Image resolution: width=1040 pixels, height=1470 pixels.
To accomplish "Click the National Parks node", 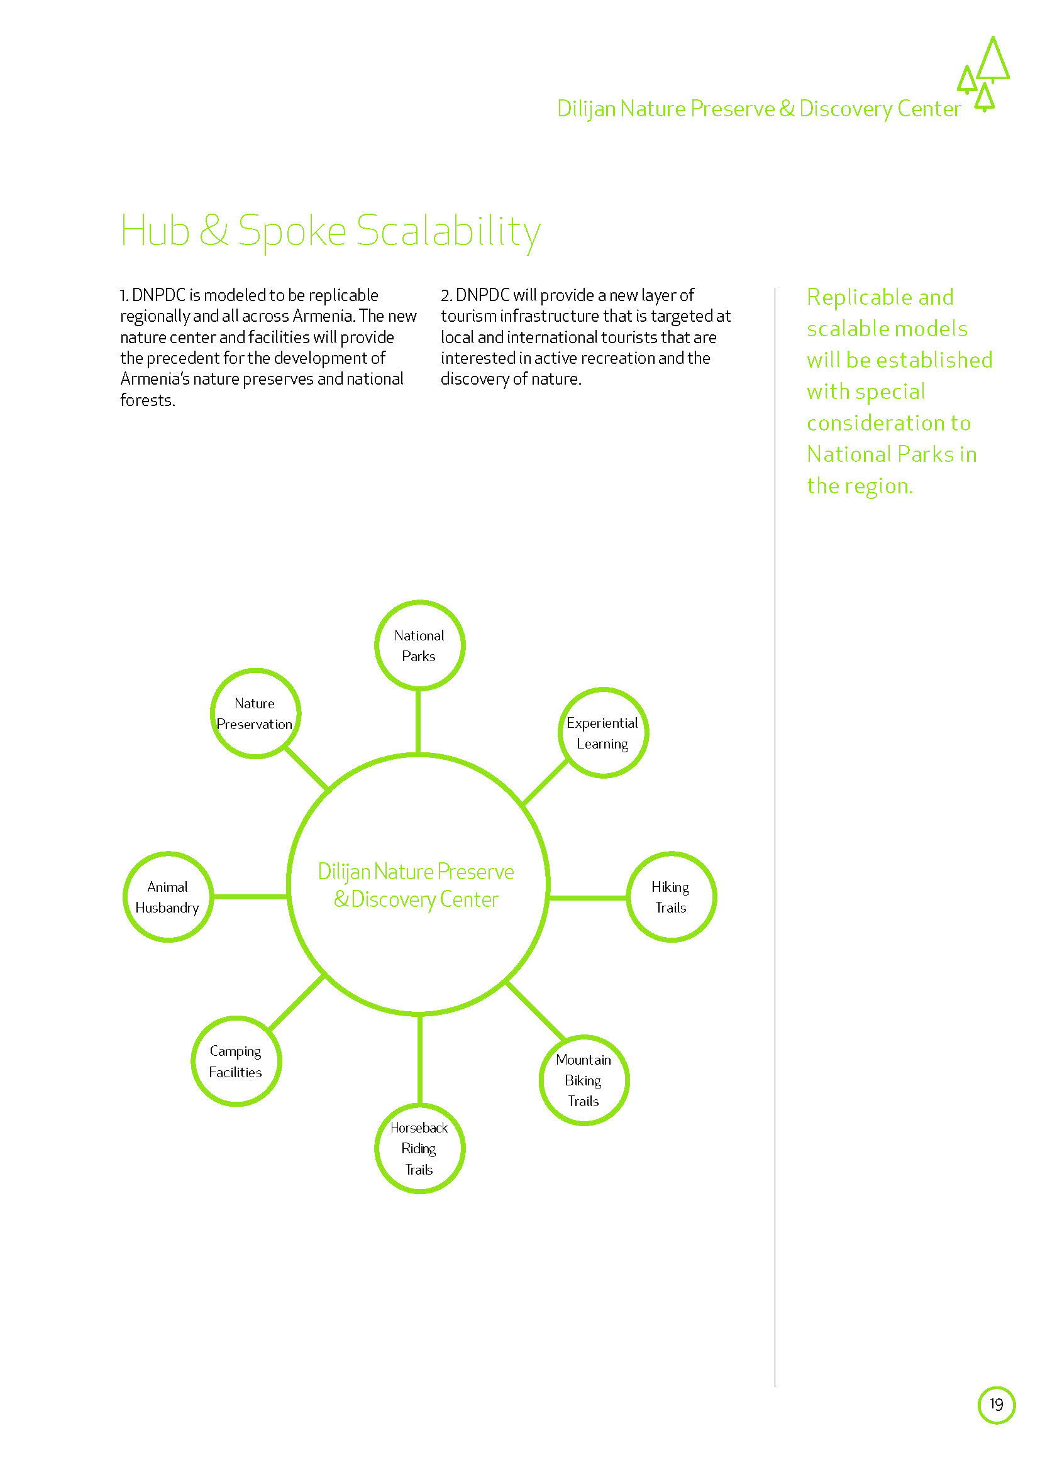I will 419,645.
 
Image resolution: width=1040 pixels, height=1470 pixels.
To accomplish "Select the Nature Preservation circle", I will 255,713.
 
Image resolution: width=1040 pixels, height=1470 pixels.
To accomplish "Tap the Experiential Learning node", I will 602,733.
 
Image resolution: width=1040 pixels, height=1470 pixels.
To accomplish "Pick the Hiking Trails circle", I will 670,897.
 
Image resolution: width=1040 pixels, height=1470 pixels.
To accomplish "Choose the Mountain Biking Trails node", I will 584,1080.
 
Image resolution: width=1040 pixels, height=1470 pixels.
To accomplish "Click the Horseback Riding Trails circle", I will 419,1149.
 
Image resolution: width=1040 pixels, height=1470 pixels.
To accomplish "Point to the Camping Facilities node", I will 236,1061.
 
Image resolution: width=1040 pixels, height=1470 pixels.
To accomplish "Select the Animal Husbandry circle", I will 168,897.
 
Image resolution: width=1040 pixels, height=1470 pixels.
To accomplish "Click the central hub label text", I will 416,886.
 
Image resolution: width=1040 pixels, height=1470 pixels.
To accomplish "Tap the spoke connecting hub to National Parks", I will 418,721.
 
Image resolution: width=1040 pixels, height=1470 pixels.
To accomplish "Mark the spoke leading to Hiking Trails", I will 587,897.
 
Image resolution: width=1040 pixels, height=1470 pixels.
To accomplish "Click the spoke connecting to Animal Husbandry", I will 250,897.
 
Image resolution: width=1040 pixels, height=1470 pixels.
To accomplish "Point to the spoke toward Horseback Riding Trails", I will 419,1060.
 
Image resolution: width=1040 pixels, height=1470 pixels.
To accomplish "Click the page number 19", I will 997,1405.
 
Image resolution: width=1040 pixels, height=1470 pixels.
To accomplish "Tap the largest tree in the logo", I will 993,61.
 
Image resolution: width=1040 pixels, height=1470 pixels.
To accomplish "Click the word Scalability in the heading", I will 448,231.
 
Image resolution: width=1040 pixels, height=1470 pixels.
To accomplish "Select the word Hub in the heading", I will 155,231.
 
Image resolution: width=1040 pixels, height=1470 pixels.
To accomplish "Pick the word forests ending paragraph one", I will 147,400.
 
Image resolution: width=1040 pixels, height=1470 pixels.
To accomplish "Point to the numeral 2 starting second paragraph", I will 445,295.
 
